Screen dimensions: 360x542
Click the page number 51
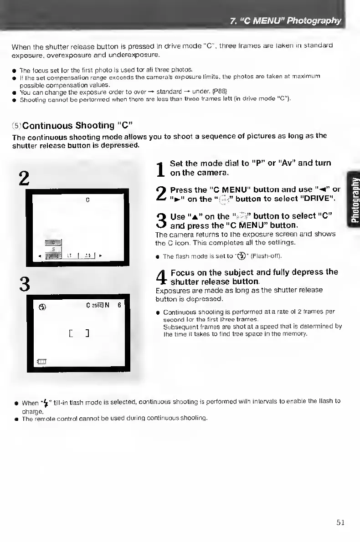coord(339,522)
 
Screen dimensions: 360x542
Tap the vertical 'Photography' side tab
coord(354,197)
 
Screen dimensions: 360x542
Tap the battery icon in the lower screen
coord(43,362)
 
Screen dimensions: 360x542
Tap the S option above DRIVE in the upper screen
coord(53,249)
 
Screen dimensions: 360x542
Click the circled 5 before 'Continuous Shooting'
coord(16,125)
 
